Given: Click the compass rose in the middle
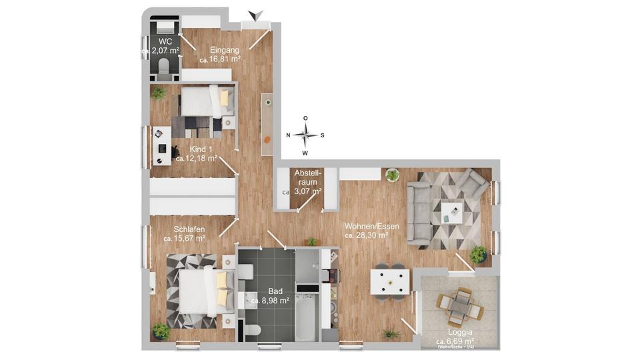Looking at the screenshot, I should point(305,135).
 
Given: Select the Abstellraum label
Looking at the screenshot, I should point(307,177).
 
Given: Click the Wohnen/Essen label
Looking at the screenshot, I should point(372,226).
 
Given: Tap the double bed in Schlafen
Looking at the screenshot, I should point(200,290).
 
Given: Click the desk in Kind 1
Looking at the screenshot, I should point(160,147).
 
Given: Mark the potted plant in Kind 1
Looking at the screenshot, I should point(159,93).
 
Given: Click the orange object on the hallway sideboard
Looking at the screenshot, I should point(266,140).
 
